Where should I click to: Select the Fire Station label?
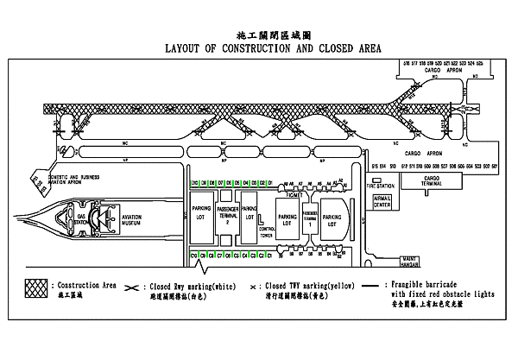coord(382,186)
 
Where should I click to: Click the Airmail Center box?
coord(382,200)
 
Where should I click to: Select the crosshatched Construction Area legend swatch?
coord(35,284)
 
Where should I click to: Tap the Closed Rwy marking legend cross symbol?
coord(132,285)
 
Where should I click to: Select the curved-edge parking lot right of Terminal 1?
coord(332,220)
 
